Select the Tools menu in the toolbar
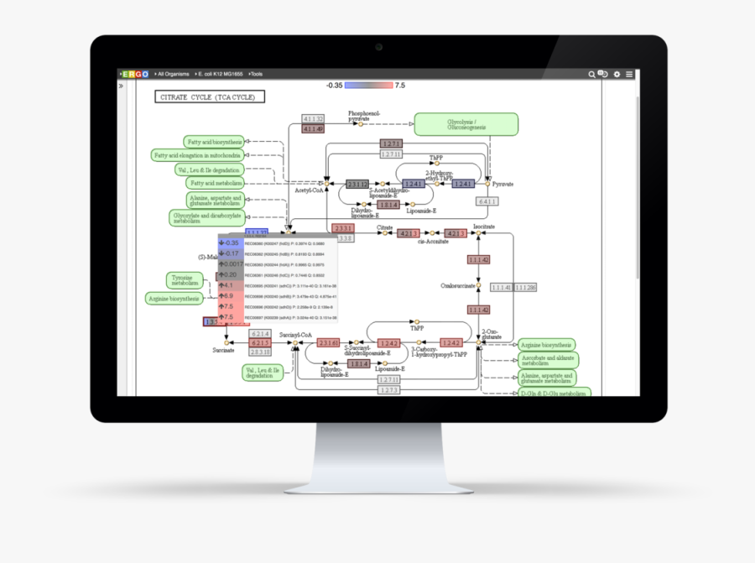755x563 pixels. [x=255, y=74]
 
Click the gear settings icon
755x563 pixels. [x=617, y=74]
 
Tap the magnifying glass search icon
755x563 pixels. [x=591, y=74]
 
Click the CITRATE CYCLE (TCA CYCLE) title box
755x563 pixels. [x=210, y=96]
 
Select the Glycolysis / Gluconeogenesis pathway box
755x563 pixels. [x=466, y=124]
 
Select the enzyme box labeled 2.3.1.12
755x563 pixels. [x=357, y=183]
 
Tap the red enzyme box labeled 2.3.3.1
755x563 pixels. [x=342, y=228]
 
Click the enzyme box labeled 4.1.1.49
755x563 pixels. [x=313, y=129]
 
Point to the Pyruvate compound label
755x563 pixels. [x=503, y=184]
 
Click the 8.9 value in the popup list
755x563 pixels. [x=228, y=296]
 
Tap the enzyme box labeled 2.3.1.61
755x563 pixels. [x=329, y=342]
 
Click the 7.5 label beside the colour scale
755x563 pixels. [x=400, y=85]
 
